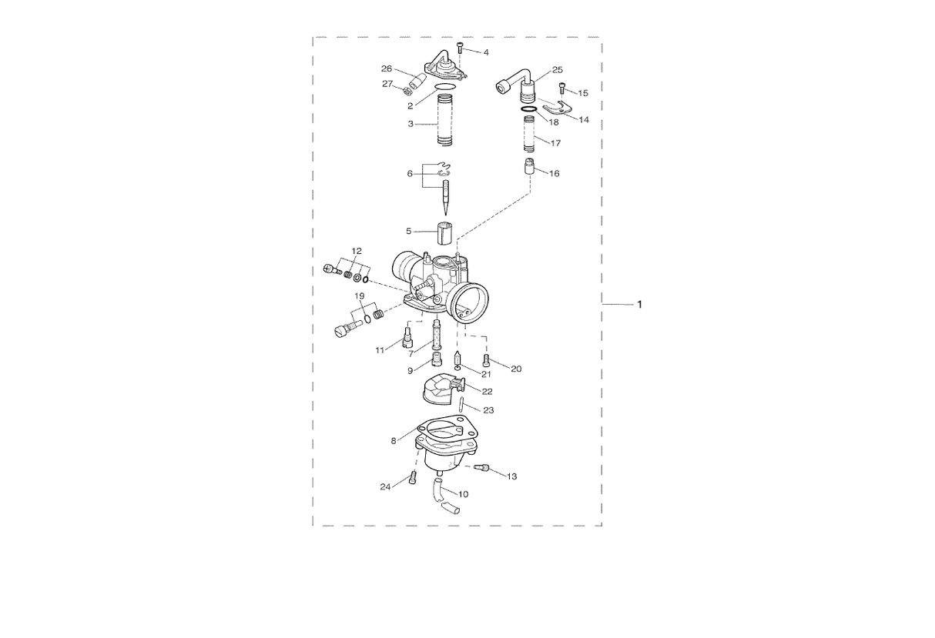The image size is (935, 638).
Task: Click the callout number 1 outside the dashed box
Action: [638, 306]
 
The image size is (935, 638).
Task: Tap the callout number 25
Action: [557, 70]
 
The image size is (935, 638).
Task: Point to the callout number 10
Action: [463, 494]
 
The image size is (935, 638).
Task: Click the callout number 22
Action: [487, 392]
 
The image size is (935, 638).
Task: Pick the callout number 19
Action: [359, 296]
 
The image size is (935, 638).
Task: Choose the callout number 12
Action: [357, 251]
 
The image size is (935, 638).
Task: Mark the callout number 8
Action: [394, 441]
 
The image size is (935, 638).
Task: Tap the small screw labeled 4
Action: [459, 48]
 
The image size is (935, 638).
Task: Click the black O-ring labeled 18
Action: [529, 111]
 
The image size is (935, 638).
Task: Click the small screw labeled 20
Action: [486, 359]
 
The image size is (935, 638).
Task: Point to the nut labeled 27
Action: [406, 92]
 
